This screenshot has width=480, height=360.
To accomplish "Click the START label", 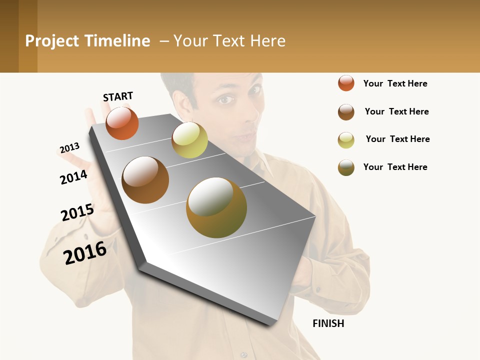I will tap(118, 96).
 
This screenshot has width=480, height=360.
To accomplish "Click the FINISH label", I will tap(328, 323).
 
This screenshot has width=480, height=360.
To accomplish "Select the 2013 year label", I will tap(69, 148).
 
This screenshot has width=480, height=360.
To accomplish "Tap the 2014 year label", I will tap(73, 177).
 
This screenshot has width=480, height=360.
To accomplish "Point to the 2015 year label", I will tap(77, 212).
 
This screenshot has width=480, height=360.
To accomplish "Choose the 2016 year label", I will tap(85, 253).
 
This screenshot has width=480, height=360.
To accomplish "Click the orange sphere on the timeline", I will tap(122, 123).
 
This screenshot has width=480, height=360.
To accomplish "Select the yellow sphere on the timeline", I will tap(189, 140).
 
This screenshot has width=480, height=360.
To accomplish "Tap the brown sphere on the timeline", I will tap(145, 179).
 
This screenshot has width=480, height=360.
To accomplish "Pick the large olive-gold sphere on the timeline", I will tap(216, 207).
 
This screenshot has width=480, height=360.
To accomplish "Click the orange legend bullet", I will tap(346, 83).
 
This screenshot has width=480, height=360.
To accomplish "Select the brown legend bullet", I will tap(346, 111).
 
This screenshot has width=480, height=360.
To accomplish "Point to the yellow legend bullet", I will tap(346, 139).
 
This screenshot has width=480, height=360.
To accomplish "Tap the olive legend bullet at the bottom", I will tap(346, 167).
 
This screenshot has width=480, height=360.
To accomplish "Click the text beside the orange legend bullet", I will tap(395, 83).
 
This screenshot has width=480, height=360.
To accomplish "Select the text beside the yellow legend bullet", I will tap(397, 139).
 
